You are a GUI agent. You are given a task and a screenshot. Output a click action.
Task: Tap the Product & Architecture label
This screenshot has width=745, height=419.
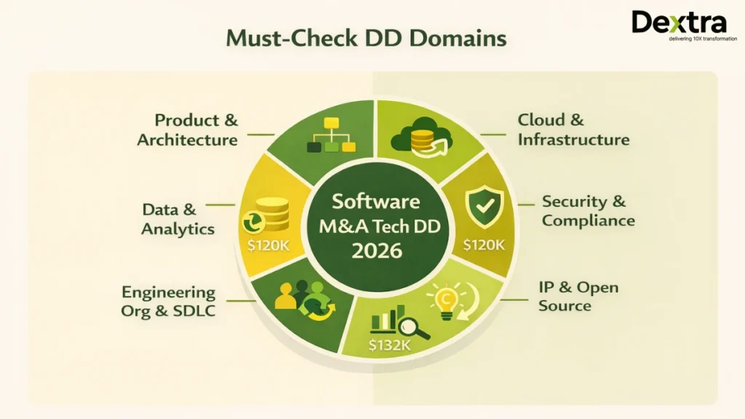(x=187, y=129)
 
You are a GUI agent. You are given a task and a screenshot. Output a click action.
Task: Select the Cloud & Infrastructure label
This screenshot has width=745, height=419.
(x=573, y=129)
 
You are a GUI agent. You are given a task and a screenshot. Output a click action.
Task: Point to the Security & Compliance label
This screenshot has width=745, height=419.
(x=588, y=211)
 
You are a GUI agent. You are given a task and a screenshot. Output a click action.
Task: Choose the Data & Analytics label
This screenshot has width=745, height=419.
(x=178, y=219)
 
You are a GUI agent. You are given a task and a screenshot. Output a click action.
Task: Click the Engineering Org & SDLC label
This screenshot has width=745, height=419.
(x=168, y=301)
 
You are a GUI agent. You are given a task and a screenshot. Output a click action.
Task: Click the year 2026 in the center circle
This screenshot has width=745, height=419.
(x=375, y=251)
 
